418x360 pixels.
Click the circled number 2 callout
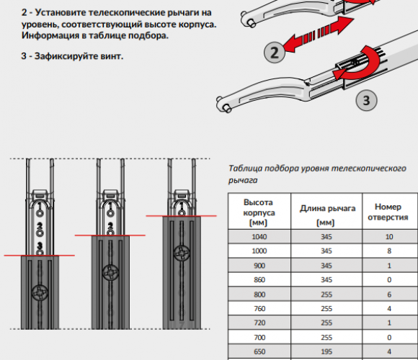[275, 52]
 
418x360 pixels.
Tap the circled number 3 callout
[366, 100]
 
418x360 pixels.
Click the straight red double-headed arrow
[319, 34]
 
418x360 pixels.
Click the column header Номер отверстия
[388, 212]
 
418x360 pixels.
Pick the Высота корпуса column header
[259, 212]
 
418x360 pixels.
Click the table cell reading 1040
[259, 236]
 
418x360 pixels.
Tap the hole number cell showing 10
[389, 236]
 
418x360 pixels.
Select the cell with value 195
[326, 351]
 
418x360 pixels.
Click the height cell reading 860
[259, 279]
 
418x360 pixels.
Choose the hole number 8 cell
[389, 251]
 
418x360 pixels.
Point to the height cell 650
[259, 351]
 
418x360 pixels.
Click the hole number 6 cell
[389, 294]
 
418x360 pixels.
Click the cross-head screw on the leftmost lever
[40, 293]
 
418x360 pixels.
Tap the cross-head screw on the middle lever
[110, 273]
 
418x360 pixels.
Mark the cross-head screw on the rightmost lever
[182, 253]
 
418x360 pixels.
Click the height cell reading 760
[259, 308]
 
